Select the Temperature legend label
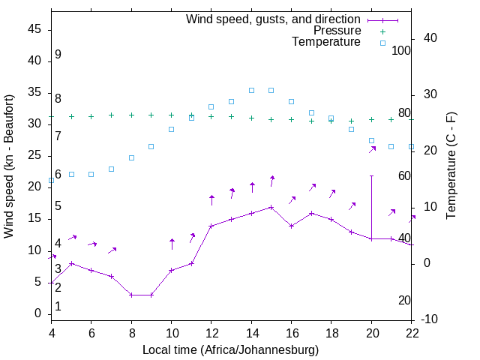coord(326,42)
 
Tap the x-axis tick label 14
coord(251,334)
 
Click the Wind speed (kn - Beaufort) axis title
coord(9,166)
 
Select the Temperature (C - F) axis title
coord(451,166)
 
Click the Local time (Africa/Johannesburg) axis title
coord(230,350)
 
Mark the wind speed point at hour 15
coord(271,207)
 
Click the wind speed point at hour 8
coord(131,295)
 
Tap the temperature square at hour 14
coord(251,90)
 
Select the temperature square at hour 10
coord(171,129)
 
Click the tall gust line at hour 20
coord(371,202)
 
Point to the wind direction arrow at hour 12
coord(211,199)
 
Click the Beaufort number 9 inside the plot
coord(58,55)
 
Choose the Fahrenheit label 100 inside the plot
coord(401,50)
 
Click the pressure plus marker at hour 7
coord(111,115)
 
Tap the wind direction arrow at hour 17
coord(312,187)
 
